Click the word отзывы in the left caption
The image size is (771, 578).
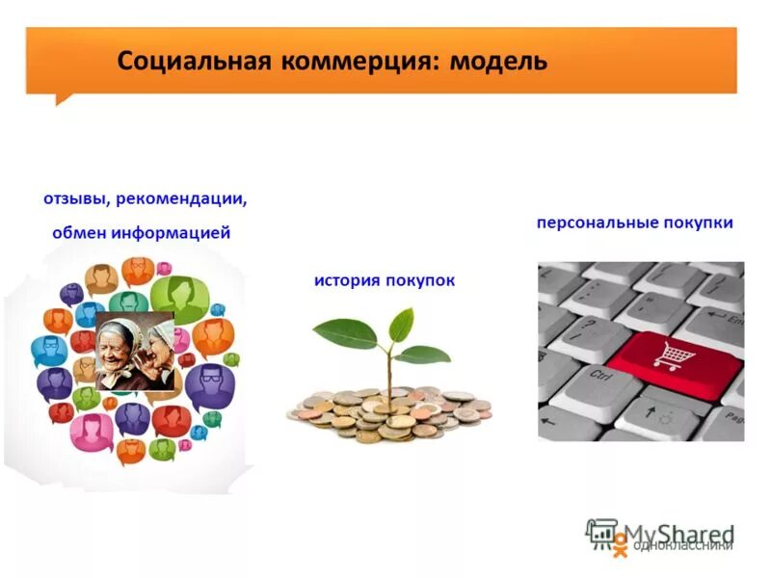click(x=75, y=199)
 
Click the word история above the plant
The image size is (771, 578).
click(x=347, y=280)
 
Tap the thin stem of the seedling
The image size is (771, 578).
click(x=389, y=376)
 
